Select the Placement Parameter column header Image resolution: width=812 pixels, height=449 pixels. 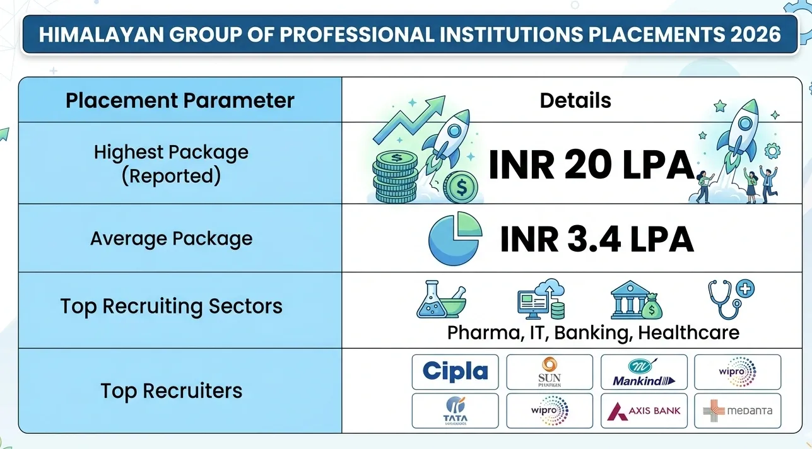tap(180, 100)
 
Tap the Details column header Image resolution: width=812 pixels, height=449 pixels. tap(575, 100)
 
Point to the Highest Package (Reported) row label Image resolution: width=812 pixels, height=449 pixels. tap(171, 164)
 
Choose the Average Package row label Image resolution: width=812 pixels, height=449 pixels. tap(171, 238)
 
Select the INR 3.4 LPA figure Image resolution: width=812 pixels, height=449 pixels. tap(596, 240)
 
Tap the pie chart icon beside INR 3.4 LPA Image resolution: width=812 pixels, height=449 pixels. tap(454, 240)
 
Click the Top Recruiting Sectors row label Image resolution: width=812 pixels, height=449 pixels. tap(171, 306)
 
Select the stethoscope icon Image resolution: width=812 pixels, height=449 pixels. tap(731, 299)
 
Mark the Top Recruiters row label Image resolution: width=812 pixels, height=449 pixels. tap(171, 390)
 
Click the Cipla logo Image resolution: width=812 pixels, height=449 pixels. tap(455, 371)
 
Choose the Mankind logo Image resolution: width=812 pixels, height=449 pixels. tap(644, 372)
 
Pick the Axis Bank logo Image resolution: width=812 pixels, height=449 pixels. tap(644, 411)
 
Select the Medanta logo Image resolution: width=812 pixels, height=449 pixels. tap(738, 411)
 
